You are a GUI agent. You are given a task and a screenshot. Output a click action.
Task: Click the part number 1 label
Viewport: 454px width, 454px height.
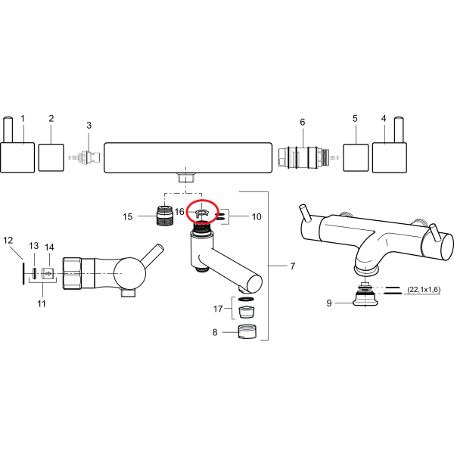coord(23,118)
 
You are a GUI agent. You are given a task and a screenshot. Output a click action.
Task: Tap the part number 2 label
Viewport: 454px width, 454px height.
coord(51,118)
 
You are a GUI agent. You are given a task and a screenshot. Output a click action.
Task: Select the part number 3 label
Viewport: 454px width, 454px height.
coord(89,125)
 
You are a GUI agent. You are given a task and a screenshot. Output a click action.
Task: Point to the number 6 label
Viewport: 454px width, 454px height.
coord(303,122)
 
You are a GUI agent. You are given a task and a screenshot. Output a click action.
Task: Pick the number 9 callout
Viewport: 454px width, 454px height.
coord(329,303)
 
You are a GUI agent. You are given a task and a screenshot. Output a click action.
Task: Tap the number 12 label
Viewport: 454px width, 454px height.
coord(8,241)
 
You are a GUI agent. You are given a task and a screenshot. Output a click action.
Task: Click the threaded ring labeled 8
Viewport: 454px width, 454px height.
coord(245,331)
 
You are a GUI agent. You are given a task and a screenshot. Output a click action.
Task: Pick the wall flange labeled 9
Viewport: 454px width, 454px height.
coord(366,297)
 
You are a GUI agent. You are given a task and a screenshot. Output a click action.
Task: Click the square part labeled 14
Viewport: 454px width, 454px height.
coord(47,274)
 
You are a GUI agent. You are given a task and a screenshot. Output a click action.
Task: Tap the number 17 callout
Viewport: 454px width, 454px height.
coord(218,309)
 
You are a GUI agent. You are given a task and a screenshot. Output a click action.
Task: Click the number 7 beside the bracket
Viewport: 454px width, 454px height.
coord(292,266)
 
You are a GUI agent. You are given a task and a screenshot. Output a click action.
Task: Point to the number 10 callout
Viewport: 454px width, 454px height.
coord(257,217)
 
